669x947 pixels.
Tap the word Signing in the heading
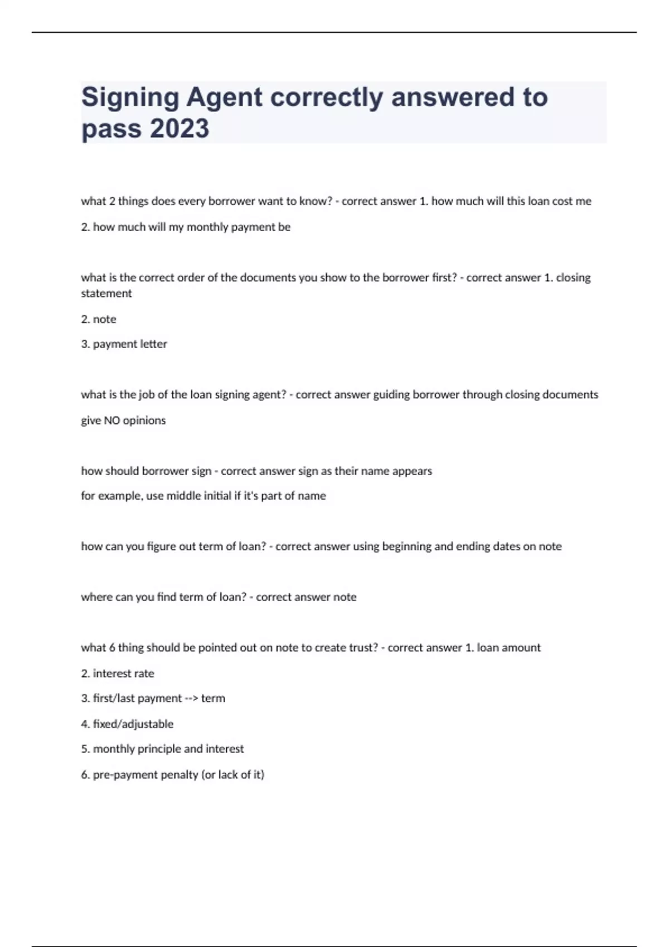click(x=130, y=98)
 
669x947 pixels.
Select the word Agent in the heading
click(x=224, y=98)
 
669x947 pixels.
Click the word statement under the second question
click(x=106, y=294)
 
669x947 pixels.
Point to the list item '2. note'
click(x=99, y=319)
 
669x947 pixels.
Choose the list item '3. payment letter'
click(x=124, y=344)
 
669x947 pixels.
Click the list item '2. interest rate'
click(x=118, y=673)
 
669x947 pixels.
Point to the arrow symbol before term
click(x=191, y=699)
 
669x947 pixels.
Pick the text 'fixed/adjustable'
click(x=133, y=724)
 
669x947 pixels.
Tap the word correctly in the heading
click(x=327, y=98)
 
